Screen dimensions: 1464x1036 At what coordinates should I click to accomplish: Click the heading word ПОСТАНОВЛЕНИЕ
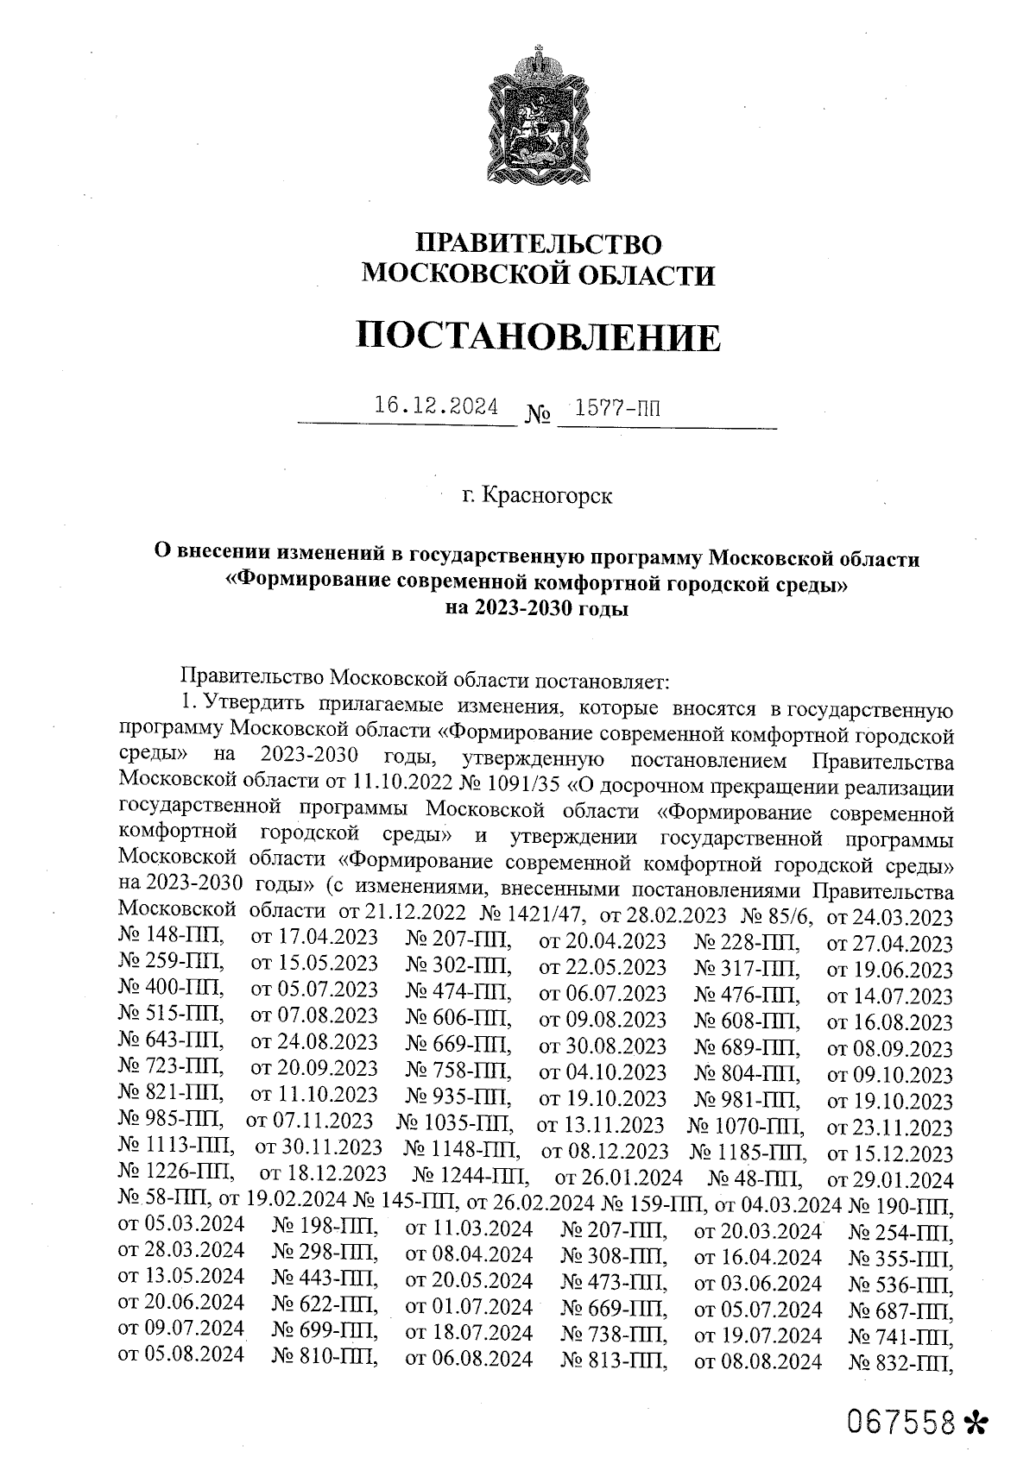coord(537,337)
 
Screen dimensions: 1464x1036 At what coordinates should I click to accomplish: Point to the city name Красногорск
coord(548,496)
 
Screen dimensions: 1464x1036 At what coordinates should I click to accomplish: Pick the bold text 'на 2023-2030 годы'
coord(536,608)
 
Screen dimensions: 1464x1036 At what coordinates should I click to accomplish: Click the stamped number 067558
coord(904,1421)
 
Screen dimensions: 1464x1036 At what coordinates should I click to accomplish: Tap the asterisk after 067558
coord(978,1422)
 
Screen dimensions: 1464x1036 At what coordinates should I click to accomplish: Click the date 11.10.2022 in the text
coord(396,787)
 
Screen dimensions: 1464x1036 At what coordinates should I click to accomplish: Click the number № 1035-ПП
coord(455,1126)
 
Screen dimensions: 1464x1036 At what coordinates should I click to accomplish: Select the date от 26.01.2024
coord(619,1178)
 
